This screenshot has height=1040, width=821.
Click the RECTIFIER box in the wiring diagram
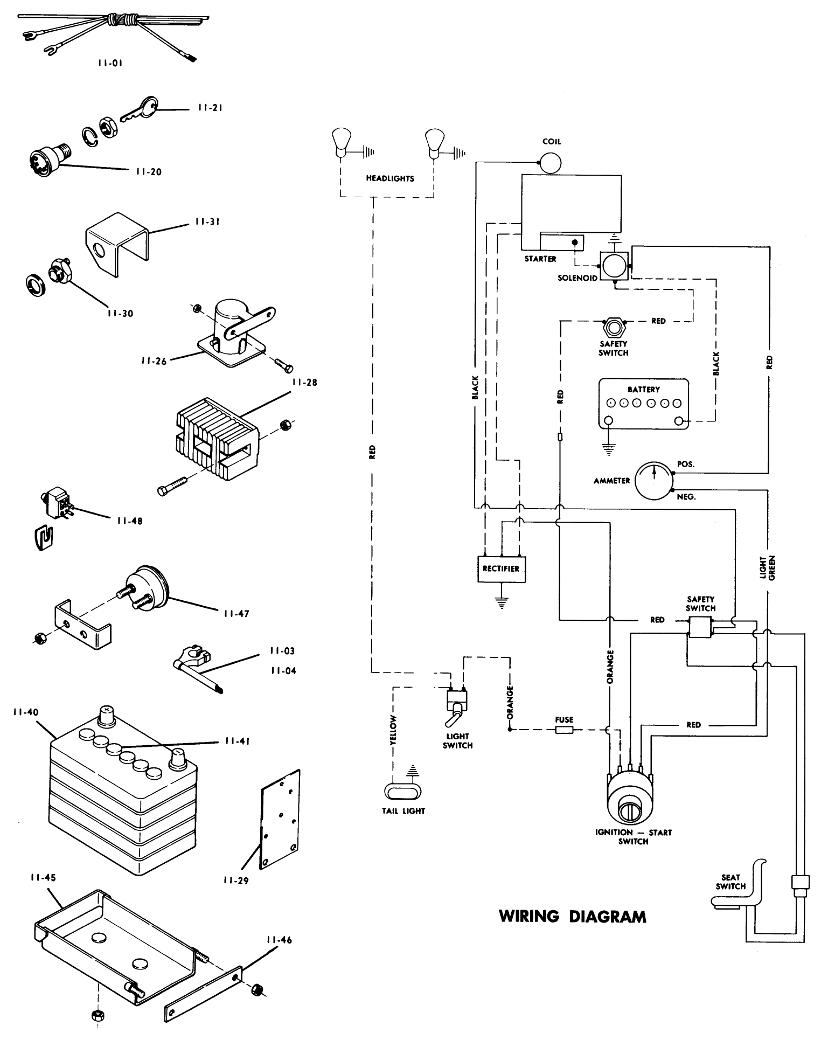pyautogui.click(x=501, y=568)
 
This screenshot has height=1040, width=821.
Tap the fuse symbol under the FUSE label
pyautogui.click(x=564, y=730)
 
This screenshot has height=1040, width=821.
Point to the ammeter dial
pyautogui.click(x=653, y=480)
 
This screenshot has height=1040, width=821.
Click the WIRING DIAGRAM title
pyautogui.click(x=573, y=916)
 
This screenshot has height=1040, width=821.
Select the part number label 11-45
pyautogui.click(x=43, y=877)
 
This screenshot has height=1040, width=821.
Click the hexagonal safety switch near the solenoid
pyautogui.click(x=613, y=327)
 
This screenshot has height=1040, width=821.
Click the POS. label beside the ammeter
pyautogui.click(x=685, y=464)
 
